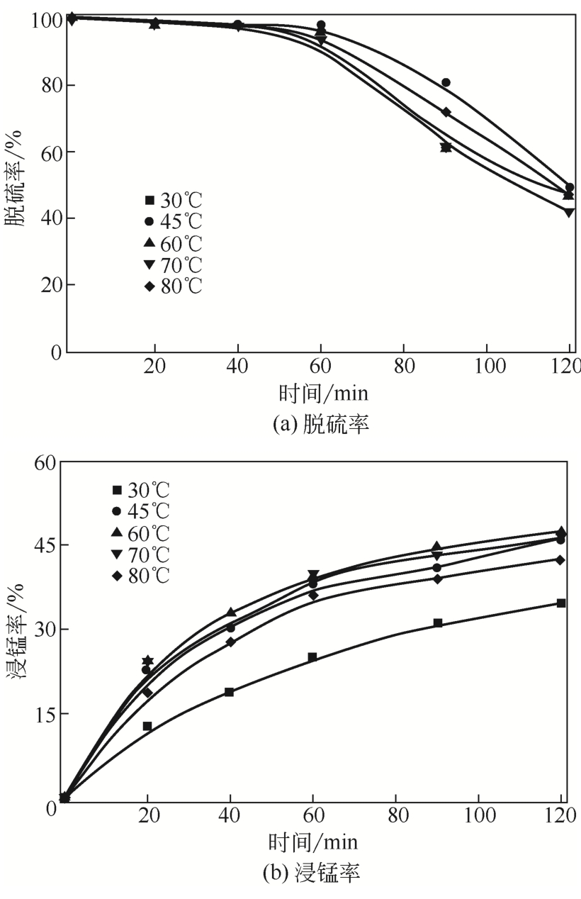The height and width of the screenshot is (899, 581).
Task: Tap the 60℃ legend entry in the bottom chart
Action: point(141,532)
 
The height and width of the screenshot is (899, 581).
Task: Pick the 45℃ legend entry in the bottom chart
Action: point(141,510)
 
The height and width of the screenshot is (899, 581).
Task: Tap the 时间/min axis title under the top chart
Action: point(323,392)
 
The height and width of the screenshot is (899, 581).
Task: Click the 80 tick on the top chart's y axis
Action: point(48,86)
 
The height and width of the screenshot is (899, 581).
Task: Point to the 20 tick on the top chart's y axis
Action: point(48,285)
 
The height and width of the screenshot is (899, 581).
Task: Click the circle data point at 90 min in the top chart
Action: point(446,82)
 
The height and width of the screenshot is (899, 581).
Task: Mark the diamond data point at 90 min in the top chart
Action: point(446,112)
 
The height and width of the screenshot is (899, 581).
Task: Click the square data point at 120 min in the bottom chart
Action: point(561,603)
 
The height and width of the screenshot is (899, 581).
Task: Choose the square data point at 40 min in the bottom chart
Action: point(230,692)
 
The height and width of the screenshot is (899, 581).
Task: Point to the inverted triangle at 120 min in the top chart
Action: point(569,212)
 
